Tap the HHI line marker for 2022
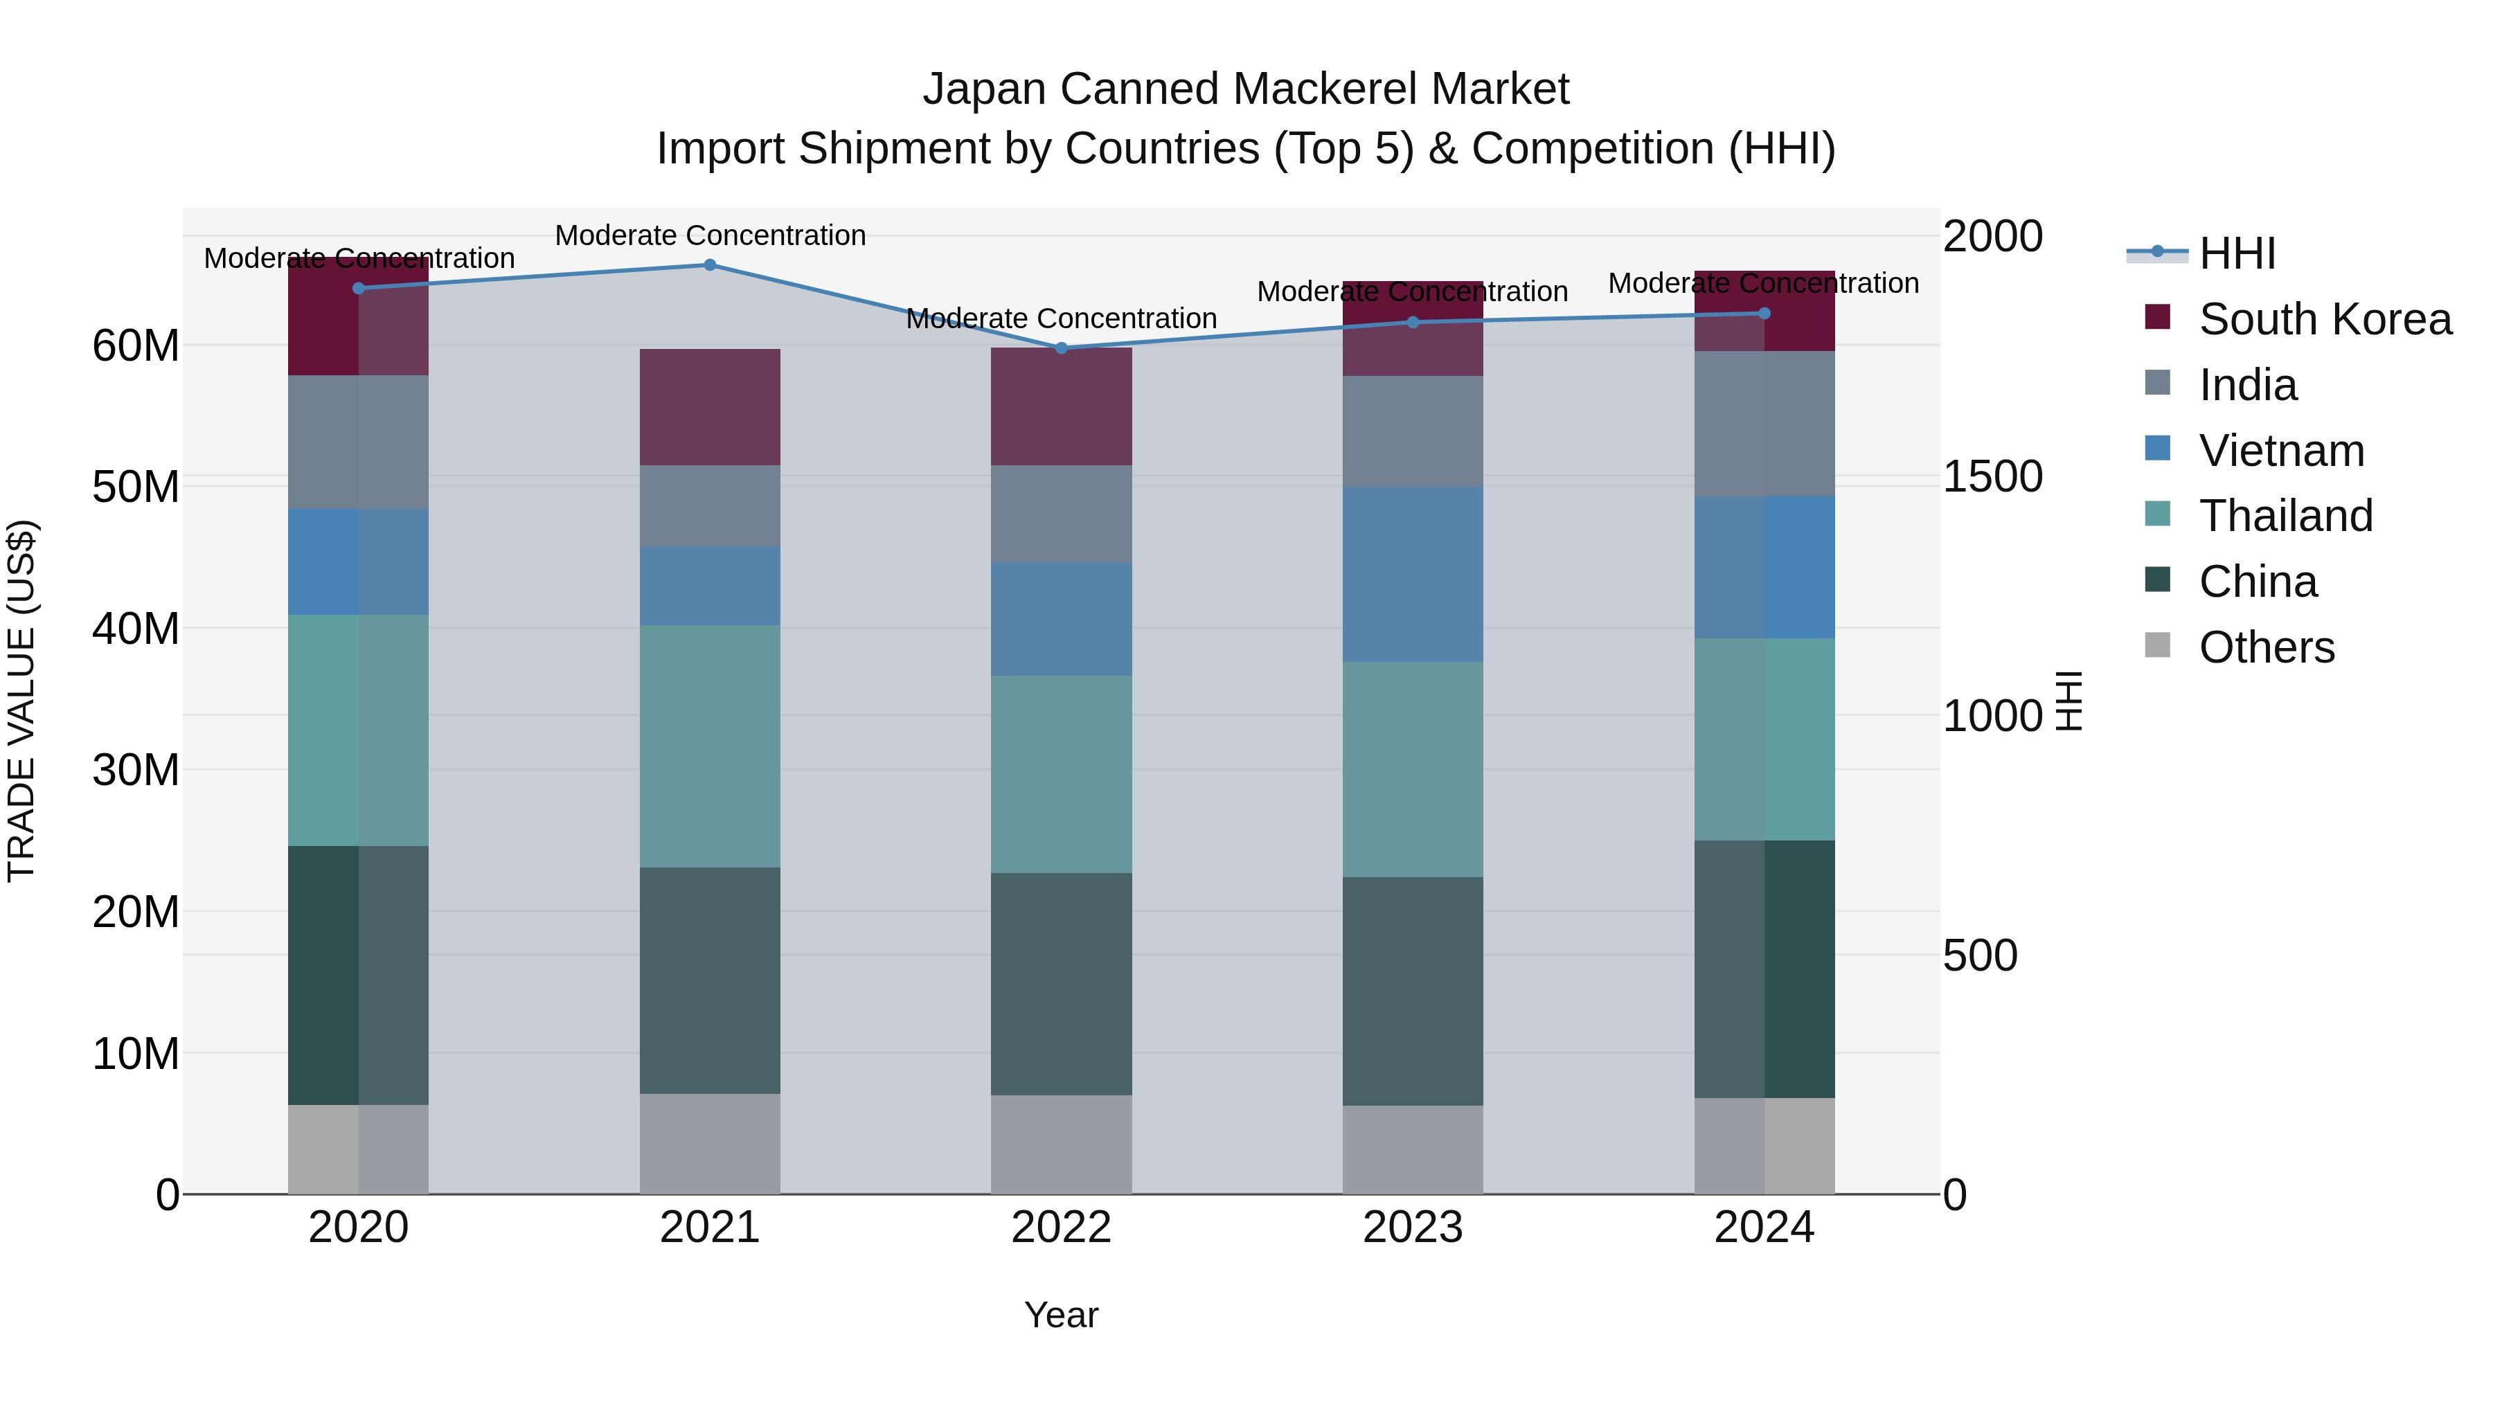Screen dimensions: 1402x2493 click(x=1061, y=348)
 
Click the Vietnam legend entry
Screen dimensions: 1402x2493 click(x=2280, y=451)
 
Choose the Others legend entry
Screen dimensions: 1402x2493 click(x=2266, y=647)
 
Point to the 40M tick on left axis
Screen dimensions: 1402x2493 click(x=136, y=629)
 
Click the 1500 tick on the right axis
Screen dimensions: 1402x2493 click(x=1992, y=476)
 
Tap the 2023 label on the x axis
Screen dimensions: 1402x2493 click(x=1412, y=1228)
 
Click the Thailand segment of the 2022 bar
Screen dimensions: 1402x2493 click(x=1061, y=774)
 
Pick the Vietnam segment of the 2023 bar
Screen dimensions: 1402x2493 click(x=1412, y=575)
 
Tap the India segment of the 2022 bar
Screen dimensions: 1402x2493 click(x=1061, y=514)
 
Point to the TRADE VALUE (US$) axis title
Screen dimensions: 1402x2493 click(x=21, y=701)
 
